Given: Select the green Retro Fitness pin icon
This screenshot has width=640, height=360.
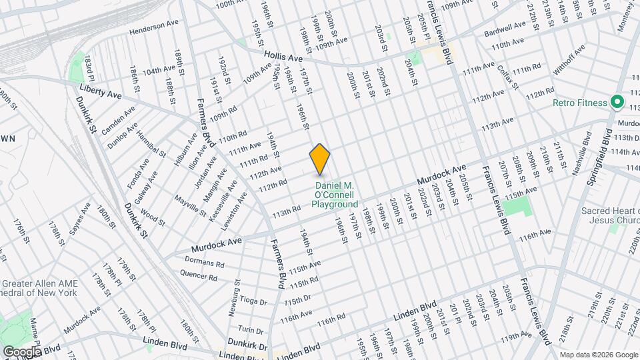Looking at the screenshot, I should point(617,103).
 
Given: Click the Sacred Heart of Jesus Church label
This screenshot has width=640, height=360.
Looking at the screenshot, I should point(610,216).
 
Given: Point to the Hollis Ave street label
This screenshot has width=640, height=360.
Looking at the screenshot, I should point(283,58).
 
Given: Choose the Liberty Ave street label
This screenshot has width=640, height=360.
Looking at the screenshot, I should point(100,91).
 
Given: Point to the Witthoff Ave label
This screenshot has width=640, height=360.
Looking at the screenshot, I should point(573,61).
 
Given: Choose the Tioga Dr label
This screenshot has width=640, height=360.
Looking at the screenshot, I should point(253,300).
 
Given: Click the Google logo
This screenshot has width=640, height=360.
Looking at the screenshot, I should point(22,351).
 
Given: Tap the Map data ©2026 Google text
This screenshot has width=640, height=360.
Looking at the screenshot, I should point(597,354).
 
